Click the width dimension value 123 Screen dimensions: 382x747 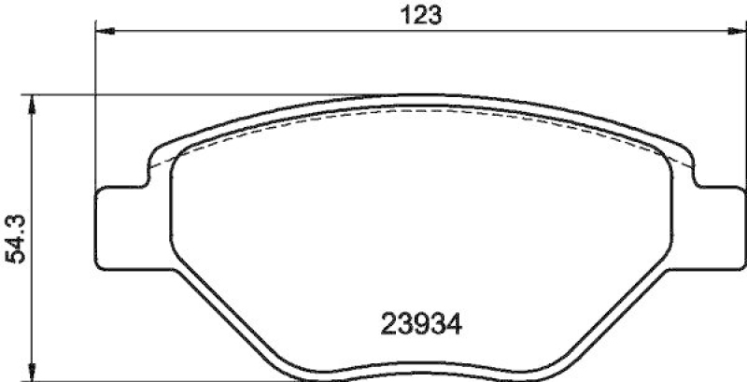click(x=416, y=15)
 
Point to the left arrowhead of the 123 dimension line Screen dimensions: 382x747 click(x=105, y=33)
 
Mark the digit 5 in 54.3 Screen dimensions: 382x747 click(x=15, y=262)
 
